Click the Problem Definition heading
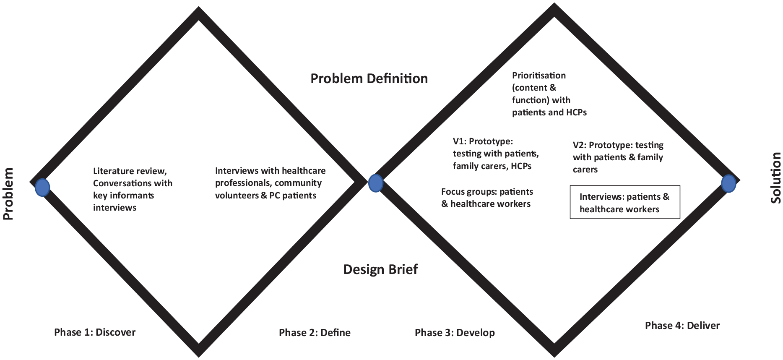pos(369,78)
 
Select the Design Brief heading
pos(380,269)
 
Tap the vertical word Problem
pos(8,194)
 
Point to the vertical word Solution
pos(776,178)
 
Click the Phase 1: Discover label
pos(95,332)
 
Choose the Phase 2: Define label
pos(315,333)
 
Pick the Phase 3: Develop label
pos(455,333)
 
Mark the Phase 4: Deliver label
pos(682,326)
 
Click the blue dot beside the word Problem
pos(42,188)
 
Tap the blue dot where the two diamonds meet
pos(376,183)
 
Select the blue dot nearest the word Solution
pos(728,184)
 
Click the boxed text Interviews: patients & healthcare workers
pos(624,203)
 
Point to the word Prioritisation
pos(539,76)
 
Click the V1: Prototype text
pos(483,141)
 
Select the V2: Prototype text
pos(603,145)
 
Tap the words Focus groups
pos(469,192)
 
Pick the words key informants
pos(123,196)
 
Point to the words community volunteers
pos(268,189)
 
